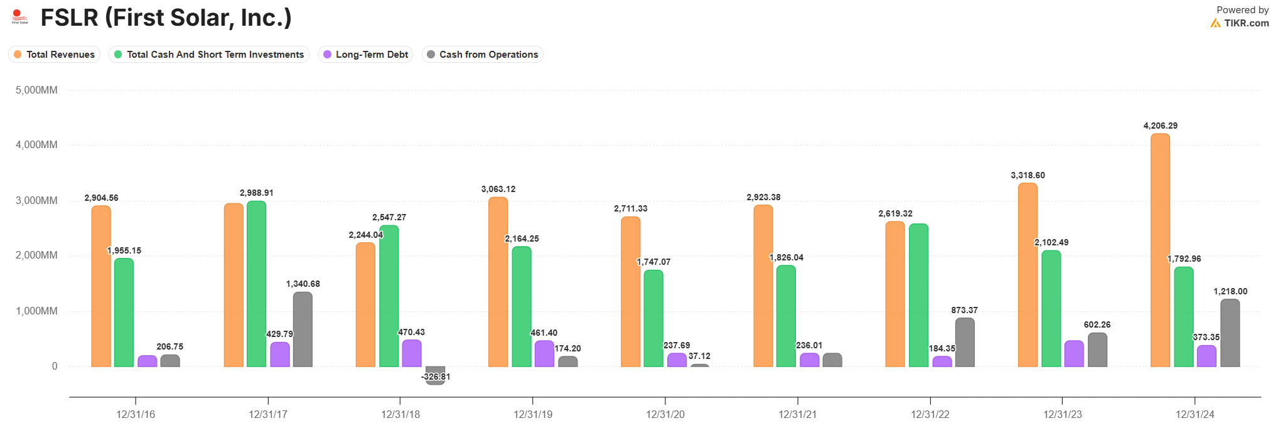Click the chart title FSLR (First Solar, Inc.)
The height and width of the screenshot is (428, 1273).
pos(166,18)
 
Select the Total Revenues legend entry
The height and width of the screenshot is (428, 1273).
pos(55,55)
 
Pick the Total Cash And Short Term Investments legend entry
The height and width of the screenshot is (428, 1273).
pos(209,55)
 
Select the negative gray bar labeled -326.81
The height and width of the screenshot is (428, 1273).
pos(435,375)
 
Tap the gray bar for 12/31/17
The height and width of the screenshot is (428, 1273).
pos(303,329)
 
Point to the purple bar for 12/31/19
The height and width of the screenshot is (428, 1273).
pos(544,353)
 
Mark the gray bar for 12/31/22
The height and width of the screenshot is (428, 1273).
pos(965,342)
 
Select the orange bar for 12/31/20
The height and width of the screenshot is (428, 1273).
pos(631,292)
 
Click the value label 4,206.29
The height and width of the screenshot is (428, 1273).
pos(1160,126)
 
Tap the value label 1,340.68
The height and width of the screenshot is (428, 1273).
pos(303,284)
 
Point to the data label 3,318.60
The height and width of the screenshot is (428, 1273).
pos(1028,175)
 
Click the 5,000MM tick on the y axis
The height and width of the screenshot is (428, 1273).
pos(36,90)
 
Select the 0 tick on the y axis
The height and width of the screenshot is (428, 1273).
pos(55,366)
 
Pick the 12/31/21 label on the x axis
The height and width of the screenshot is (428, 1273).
pos(797,414)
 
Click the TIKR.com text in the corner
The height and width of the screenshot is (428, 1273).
pos(1246,23)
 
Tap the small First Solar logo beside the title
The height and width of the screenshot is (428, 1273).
pos(20,17)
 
